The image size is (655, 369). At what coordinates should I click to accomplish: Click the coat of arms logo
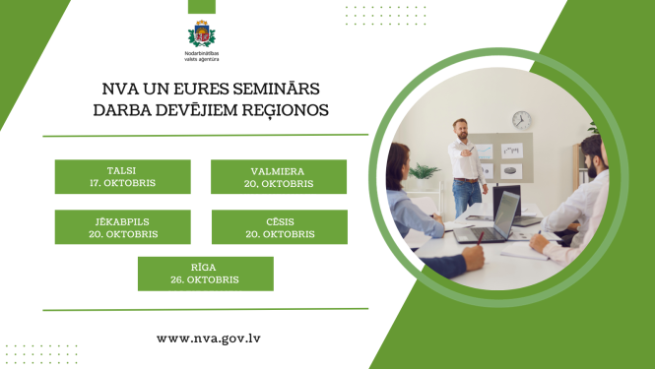pyautogui.click(x=201, y=33)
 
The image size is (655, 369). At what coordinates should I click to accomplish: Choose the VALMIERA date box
pyautogui.click(x=279, y=176)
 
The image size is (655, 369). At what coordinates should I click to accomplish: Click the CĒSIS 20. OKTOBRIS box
pyautogui.click(x=280, y=227)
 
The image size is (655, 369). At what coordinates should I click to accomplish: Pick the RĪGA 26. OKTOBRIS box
pyautogui.click(x=205, y=274)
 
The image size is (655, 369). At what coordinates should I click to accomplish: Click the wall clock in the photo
pyautogui.click(x=521, y=120)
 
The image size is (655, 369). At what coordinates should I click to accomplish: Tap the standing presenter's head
pyautogui.click(x=459, y=128)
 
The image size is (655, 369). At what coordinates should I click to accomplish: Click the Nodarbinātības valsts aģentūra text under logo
pyautogui.click(x=201, y=57)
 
